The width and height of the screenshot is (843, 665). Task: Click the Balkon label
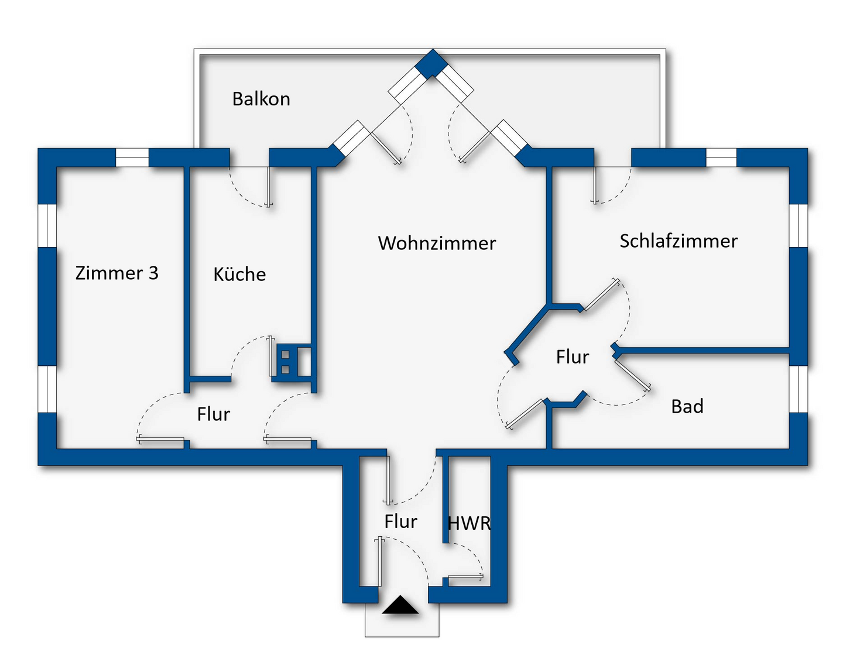click(x=261, y=99)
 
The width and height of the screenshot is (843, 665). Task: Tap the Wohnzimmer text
click(x=437, y=243)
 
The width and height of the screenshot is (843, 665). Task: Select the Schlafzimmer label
click(x=678, y=241)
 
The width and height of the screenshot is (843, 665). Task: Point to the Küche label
click(x=239, y=274)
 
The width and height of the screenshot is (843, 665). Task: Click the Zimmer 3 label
click(x=117, y=273)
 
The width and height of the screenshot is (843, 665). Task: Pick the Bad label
click(x=687, y=406)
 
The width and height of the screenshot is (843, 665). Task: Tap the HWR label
click(x=469, y=523)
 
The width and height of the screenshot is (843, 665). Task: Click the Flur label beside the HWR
click(x=400, y=521)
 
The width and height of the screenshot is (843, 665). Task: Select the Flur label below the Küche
click(x=214, y=414)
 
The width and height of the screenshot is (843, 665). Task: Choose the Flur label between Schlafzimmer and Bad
click(x=573, y=357)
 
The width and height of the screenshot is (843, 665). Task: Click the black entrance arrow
click(x=400, y=605)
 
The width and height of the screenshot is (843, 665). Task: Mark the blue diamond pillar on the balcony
click(x=432, y=63)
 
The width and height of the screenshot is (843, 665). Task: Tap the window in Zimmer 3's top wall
click(x=132, y=157)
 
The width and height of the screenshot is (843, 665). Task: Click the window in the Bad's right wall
click(x=799, y=389)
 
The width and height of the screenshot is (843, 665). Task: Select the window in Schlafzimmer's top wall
click(x=721, y=157)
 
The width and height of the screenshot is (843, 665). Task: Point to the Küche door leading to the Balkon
click(x=268, y=187)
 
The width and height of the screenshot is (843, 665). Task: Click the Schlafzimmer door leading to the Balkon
click(x=595, y=186)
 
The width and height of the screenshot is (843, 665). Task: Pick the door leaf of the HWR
click(x=465, y=578)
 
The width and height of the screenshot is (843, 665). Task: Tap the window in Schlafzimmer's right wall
click(x=799, y=225)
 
